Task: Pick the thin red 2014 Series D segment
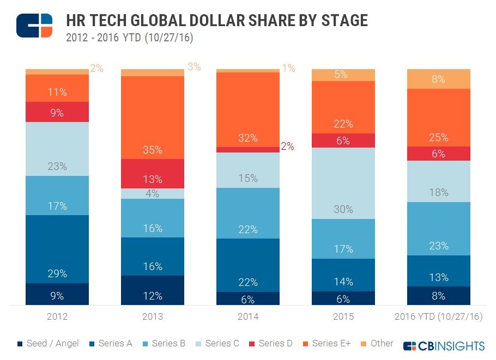(x=248, y=149)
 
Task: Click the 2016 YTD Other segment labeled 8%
(x=439, y=79)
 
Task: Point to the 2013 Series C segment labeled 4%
(x=153, y=193)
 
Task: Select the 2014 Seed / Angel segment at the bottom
(x=248, y=298)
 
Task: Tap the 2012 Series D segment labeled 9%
(x=57, y=112)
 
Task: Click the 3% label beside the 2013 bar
(x=194, y=67)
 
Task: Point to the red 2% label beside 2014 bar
(x=288, y=146)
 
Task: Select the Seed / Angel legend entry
(x=49, y=344)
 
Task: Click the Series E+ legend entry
(x=326, y=344)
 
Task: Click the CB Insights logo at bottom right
(x=444, y=346)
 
